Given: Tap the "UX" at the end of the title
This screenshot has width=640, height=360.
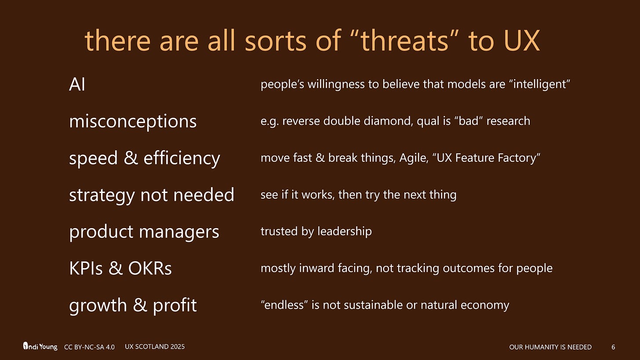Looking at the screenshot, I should click(x=519, y=41).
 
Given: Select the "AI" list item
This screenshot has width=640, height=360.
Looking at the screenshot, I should click(x=77, y=84).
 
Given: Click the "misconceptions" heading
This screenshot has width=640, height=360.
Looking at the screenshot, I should click(x=133, y=121).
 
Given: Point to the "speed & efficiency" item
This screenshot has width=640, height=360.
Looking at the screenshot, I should click(x=144, y=158).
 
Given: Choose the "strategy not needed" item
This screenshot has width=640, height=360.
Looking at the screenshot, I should click(x=151, y=195).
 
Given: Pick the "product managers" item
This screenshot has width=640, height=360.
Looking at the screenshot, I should click(x=144, y=232).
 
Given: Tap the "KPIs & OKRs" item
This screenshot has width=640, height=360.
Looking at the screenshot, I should click(x=120, y=268).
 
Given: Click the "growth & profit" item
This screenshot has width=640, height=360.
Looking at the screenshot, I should click(x=133, y=305).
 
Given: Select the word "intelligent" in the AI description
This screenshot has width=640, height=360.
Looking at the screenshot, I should click(x=539, y=84).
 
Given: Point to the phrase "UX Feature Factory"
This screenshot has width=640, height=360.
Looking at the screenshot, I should click(x=487, y=158).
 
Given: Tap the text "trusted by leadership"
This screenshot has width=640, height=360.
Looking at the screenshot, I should click(x=316, y=231).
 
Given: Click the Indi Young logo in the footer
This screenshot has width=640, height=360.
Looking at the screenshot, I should click(x=40, y=346).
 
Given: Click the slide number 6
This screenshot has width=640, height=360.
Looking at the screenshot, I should click(x=613, y=347).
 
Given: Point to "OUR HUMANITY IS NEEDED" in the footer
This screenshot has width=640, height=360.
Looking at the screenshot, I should click(x=550, y=347).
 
